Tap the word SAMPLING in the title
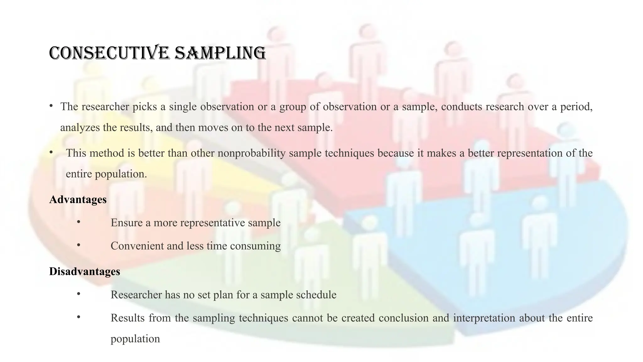220,53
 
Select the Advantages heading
78,200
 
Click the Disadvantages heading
84,271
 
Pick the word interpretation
484,318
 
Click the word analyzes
80,128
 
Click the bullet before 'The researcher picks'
51,106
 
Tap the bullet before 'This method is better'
51,152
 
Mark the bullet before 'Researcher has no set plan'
78,294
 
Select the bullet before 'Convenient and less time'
78,245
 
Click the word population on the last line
135,339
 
